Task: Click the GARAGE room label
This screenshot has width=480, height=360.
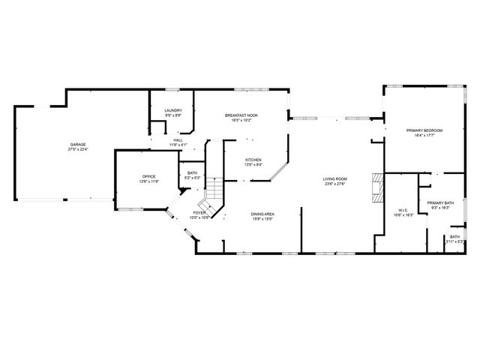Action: [x=78, y=144]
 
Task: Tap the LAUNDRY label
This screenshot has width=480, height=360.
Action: [x=173, y=110]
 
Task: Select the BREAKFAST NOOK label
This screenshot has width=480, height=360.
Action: [x=241, y=115]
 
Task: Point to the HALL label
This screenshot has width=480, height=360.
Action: [x=178, y=139]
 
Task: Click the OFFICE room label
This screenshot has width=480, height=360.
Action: [x=148, y=177]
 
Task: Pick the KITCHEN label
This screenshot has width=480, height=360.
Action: [x=253, y=160]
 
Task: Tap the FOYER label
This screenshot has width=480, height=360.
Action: [x=199, y=213]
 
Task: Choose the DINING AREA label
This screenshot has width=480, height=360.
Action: [x=262, y=214]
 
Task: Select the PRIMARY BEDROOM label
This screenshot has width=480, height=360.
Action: [x=424, y=130]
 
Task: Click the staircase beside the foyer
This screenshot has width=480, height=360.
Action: [x=214, y=193]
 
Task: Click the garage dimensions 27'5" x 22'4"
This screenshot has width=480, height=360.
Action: [x=78, y=149]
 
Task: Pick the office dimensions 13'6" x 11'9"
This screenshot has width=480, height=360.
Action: [x=148, y=182]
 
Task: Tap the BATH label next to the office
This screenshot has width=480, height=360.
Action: [x=193, y=173]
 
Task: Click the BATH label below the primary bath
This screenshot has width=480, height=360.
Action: [x=455, y=237]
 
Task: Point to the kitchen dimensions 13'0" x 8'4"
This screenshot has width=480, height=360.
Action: [x=253, y=166]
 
